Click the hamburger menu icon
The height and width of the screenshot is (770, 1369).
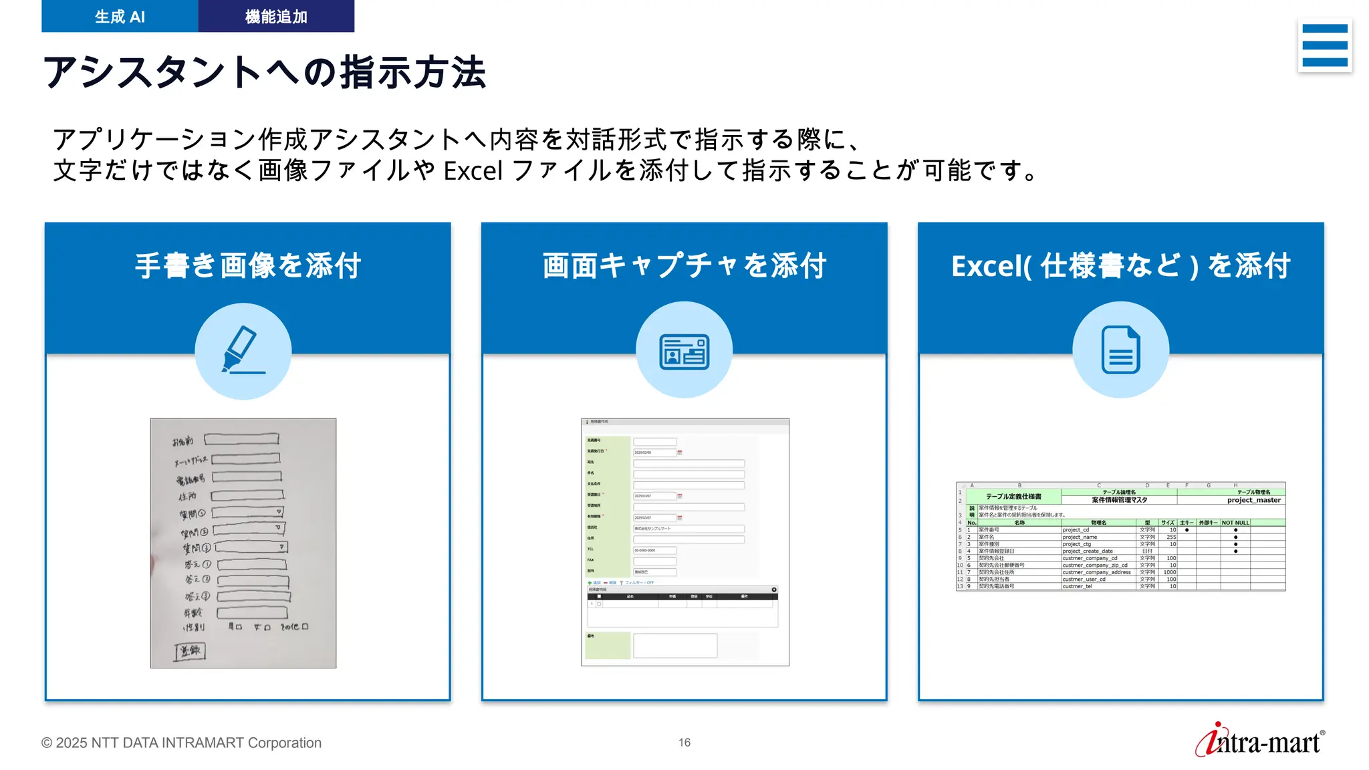(1324, 45)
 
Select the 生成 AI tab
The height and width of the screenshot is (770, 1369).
(120, 17)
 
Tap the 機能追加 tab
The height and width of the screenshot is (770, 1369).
(276, 17)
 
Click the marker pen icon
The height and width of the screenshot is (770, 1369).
(243, 350)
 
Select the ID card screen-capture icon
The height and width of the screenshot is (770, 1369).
(684, 350)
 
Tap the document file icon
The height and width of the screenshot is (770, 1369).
(1120, 350)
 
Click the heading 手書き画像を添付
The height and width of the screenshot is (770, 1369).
(248, 266)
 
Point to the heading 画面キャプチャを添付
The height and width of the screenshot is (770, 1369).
(684, 266)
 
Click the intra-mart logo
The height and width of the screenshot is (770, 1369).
(1259, 741)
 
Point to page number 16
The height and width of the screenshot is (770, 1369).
(684, 743)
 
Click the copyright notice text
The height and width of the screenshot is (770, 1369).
(181, 743)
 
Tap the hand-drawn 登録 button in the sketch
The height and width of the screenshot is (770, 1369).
(190, 650)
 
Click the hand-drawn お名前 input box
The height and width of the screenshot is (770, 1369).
(241, 439)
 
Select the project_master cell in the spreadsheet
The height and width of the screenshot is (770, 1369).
(1253, 500)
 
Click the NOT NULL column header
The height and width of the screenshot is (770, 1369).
(1235, 523)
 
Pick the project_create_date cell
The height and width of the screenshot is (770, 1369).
(1088, 551)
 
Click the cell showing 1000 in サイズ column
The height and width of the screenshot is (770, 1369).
(1169, 572)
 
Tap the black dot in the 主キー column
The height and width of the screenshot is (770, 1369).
(1187, 530)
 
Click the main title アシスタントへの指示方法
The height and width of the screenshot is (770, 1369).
(264, 72)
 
